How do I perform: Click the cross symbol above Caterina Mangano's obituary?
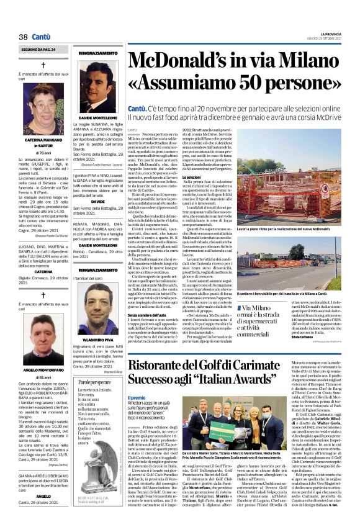(43, 65)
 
